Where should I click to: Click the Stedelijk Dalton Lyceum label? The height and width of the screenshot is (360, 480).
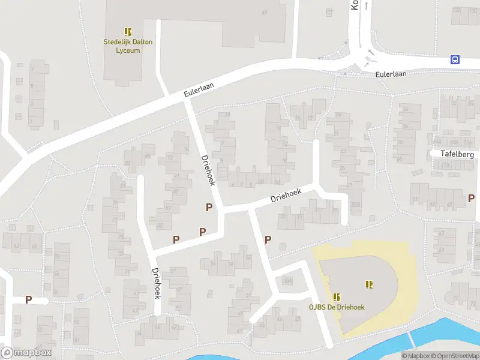(x=128, y=46)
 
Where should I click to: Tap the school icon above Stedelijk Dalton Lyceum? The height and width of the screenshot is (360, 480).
(x=128, y=31)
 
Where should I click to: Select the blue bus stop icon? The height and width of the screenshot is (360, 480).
(x=455, y=59)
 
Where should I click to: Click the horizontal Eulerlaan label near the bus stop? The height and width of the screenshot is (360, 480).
(x=391, y=74)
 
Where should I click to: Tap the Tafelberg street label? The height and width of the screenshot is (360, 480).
(x=457, y=154)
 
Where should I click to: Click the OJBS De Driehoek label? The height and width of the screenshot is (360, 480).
(x=337, y=307)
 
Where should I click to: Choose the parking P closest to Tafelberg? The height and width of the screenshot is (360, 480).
(x=471, y=198)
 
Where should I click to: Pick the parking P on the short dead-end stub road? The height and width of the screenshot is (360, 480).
(x=28, y=299)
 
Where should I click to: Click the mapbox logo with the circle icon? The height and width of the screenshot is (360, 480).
(x=26, y=353)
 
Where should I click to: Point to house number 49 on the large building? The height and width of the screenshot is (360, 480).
(x=264, y=13)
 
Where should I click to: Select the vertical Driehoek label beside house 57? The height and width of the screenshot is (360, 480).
(x=157, y=283)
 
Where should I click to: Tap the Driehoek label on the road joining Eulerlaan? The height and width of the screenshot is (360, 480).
(x=208, y=170)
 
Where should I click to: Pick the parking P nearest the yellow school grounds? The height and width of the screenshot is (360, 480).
(x=268, y=239)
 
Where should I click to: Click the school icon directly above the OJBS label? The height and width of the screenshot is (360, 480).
(x=337, y=296)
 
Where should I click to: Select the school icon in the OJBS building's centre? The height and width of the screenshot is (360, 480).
(x=369, y=284)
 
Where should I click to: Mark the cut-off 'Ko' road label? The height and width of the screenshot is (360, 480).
(x=354, y=5)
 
